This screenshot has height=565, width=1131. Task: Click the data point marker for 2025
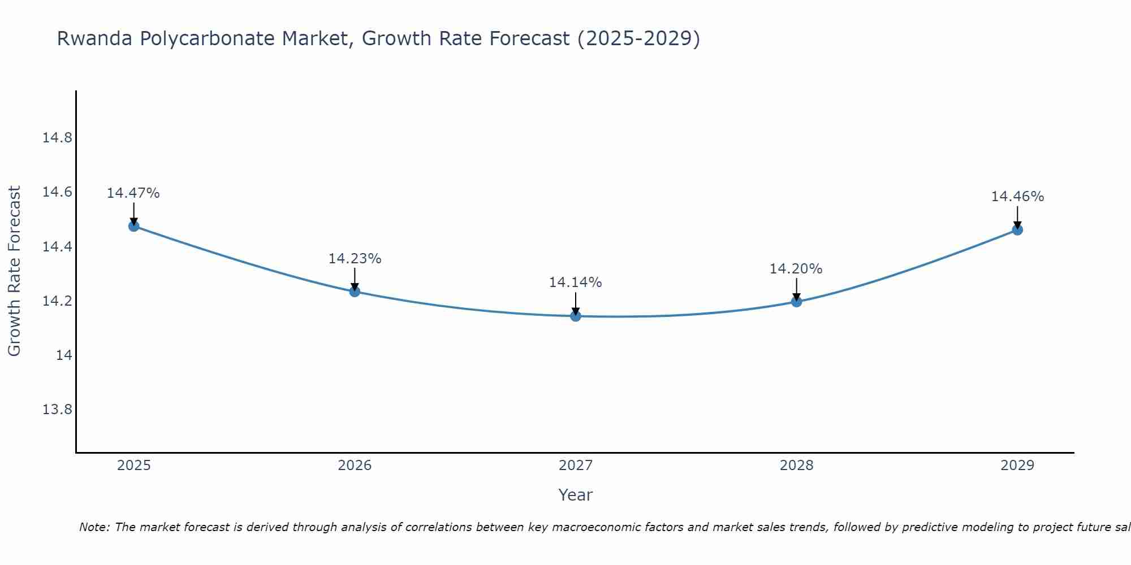[133, 226]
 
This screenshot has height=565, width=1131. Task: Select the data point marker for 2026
[355, 292]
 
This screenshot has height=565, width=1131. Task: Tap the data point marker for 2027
[576, 316]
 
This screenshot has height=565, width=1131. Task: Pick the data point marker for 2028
[796, 301]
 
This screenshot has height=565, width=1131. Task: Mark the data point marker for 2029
[1017, 230]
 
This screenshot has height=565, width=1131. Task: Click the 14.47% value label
[133, 193]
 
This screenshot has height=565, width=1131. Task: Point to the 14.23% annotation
[355, 259]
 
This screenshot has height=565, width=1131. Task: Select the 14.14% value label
[576, 282]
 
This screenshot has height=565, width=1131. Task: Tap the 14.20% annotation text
[796, 269]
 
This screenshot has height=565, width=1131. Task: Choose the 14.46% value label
[1017, 197]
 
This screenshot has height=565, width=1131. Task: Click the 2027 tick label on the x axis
[576, 466]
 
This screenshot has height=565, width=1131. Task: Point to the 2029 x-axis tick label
[1017, 466]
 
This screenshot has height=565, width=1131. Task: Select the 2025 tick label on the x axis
[133, 466]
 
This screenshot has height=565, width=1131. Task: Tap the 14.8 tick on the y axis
[57, 138]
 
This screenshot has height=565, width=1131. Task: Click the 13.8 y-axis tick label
[57, 409]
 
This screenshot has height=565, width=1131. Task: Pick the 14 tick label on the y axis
[64, 355]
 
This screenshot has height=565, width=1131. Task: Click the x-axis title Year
[576, 495]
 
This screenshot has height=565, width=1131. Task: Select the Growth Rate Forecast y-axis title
[15, 271]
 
